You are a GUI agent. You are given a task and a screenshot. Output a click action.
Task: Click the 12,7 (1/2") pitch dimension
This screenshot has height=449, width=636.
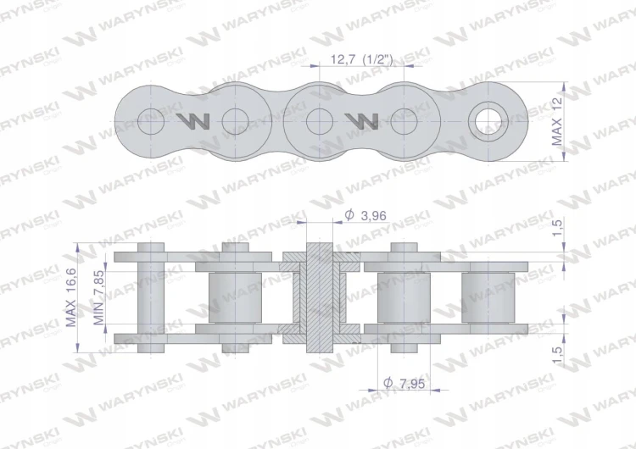tap(362, 59)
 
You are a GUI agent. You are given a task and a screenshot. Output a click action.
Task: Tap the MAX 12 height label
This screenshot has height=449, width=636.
tap(557, 122)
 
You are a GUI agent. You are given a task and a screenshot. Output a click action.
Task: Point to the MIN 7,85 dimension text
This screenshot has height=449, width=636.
tap(98, 297)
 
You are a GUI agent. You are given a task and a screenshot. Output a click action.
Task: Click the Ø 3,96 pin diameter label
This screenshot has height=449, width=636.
tap(365, 215)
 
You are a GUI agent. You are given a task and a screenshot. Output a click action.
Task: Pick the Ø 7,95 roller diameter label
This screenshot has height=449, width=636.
tap(404, 383)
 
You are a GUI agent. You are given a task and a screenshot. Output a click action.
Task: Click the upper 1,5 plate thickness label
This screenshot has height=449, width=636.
tap(557, 228)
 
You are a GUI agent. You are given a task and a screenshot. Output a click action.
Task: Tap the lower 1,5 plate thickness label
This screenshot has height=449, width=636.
tap(557, 355)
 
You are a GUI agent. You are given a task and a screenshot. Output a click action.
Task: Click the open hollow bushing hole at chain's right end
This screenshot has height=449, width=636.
tap(488, 122)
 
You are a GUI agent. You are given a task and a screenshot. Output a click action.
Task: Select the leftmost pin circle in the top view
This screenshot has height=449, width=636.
tap(151, 122)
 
